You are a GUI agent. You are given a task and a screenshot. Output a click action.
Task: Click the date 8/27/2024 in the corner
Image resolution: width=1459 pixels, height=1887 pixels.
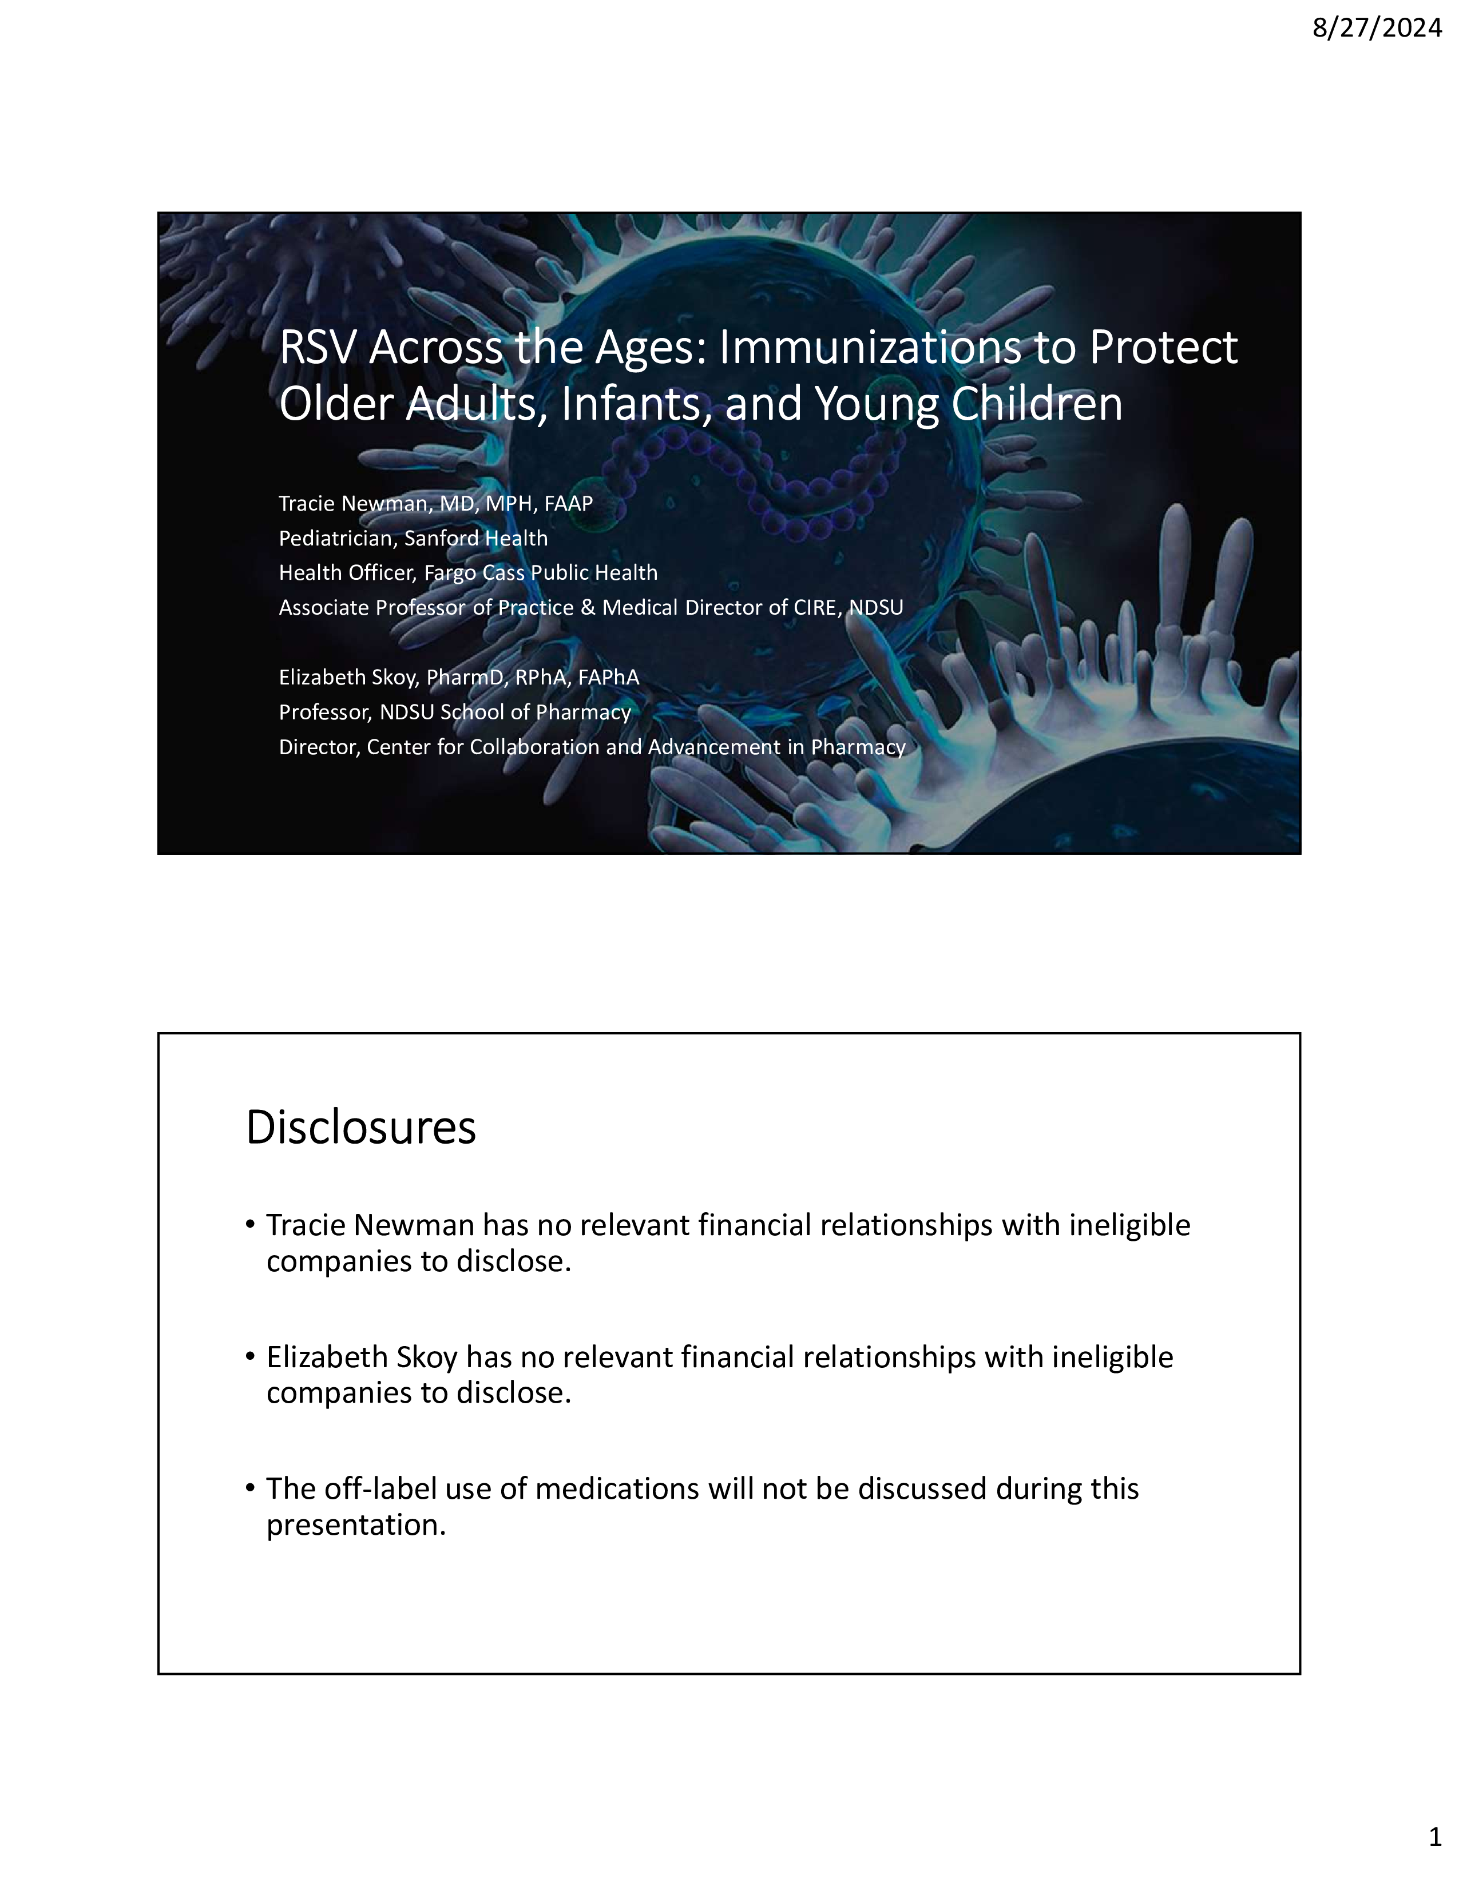(x=1376, y=29)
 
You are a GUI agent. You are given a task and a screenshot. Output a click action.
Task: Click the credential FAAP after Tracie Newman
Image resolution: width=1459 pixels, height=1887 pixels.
(x=568, y=504)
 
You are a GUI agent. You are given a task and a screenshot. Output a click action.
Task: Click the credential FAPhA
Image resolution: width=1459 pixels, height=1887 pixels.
(x=609, y=678)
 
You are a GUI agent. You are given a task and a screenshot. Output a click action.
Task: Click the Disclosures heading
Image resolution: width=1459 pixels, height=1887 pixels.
(x=360, y=1128)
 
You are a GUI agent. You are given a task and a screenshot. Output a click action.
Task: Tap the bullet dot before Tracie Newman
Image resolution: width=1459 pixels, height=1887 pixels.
(x=251, y=1224)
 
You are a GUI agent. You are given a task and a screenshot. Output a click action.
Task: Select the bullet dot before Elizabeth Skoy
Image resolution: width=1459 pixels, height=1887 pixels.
(x=251, y=1356)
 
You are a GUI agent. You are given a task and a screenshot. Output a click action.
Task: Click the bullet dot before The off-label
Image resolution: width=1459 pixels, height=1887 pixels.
(x=251, y=1488)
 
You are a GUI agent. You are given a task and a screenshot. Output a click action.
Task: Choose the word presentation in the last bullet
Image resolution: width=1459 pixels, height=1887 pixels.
(x=355, y=1526)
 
